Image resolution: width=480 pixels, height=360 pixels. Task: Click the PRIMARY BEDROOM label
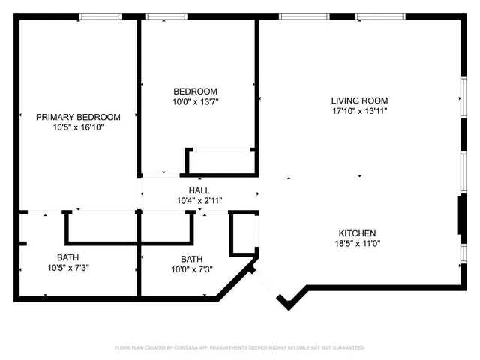coord(78,116)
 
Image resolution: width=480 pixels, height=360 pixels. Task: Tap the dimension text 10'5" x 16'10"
coord(78,127)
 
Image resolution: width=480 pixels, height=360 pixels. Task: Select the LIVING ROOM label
coord(359,100)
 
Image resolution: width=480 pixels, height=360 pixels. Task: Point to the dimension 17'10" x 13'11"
coord(359,111)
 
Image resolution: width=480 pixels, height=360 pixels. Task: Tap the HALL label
coord(199,190)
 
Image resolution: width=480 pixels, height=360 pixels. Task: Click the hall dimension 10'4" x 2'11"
coord(199,200)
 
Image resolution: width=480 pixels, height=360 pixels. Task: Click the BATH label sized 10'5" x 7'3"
coord(67,256)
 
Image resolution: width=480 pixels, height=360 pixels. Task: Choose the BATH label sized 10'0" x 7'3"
coord(190,259)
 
